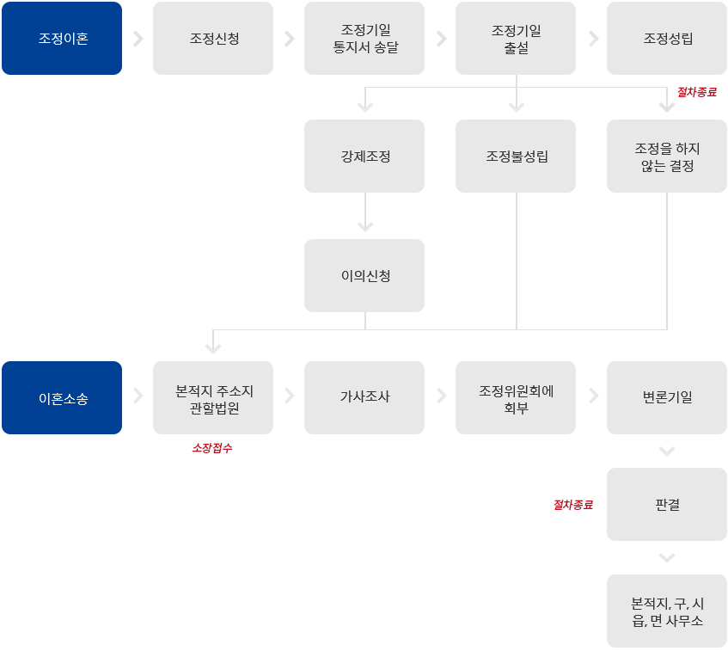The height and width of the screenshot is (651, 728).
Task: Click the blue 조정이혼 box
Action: (x=62, y=39)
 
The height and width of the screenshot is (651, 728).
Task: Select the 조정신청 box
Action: (x=213, y=39)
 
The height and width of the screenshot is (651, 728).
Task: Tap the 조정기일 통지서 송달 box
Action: (x=364, y=39)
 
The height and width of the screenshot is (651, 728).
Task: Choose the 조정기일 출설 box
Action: (x=516, y=39)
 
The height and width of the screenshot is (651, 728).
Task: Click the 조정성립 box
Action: (x=667, y=39)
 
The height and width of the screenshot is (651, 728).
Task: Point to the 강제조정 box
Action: (x=364, y=157)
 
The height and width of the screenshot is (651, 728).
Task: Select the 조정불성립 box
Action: (x=516, y=157)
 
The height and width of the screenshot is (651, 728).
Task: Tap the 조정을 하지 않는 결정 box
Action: (x=667, y=157)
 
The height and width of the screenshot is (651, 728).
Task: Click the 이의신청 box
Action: (x=364, y=276)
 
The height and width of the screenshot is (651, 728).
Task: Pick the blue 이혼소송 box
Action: (x=62, y=398)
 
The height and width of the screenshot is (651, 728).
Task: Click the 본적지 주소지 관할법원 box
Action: (x=213, y=398)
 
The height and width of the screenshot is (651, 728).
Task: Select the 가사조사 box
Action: (x=364, y=398)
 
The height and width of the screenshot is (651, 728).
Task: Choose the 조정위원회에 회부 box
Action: (x=516, y=398)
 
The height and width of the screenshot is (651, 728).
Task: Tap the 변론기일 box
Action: (x=667, y=398)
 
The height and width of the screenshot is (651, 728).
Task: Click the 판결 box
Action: (x=667, y=505)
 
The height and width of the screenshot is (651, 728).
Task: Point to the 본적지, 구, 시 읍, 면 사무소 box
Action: (x=667, y=611)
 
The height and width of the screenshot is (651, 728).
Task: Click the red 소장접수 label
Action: (x=211, y=448)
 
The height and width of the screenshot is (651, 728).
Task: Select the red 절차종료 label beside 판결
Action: (x=572, y=505)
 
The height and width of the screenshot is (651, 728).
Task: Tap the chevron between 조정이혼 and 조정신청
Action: (x=138, y=39)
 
